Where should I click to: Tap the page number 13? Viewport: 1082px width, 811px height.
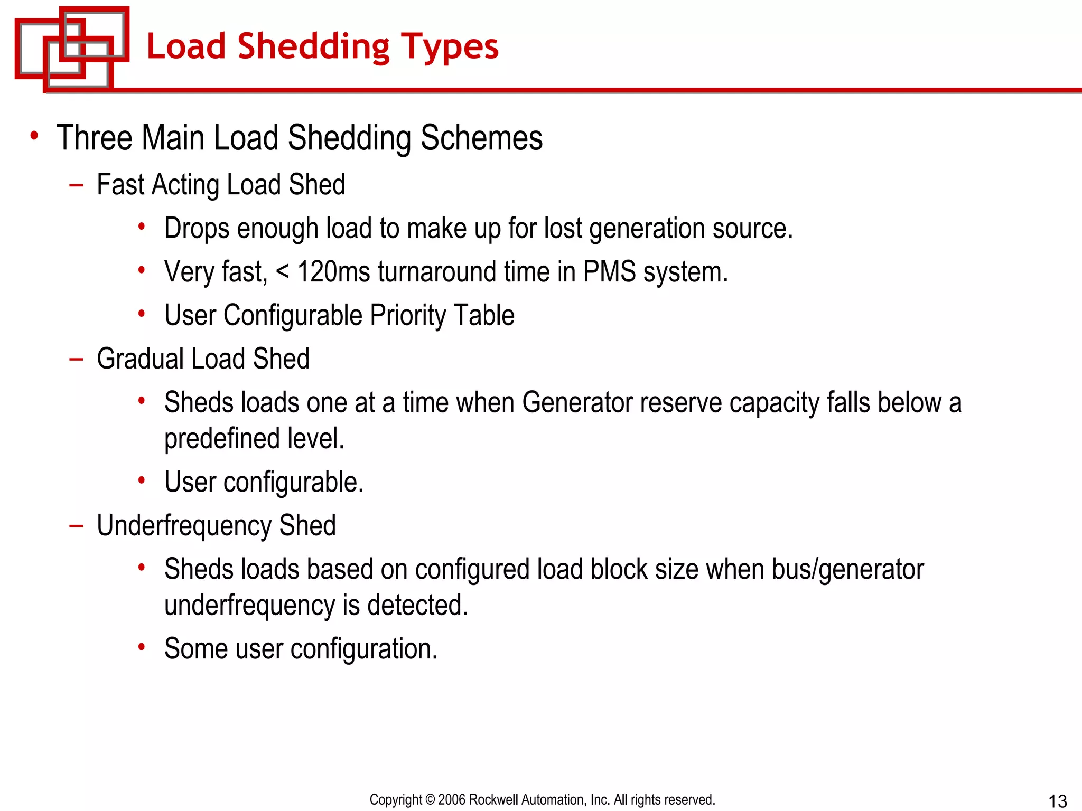click(x=1058, y=801)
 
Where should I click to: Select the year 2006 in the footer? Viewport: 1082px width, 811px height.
click(x=452, y=799)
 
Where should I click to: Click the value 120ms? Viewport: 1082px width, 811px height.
click(x=333, y=272)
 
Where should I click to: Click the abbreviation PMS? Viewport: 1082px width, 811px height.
click(x=609, y=272)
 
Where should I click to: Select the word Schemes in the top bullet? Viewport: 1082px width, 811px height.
click(x=481, y=138)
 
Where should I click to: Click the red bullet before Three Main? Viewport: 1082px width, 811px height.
click(x=34, y=136)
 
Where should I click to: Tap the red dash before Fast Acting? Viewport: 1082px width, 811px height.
click(x=76, y=185)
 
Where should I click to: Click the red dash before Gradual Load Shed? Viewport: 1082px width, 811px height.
click(x=76, y=360)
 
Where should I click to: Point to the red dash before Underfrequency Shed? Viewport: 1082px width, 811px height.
click(x=76, y=526)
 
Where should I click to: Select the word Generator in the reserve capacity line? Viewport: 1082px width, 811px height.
click(x=577, y=403)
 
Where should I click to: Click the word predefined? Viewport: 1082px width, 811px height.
click(x=221, y=439)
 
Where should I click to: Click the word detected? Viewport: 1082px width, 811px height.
click(x=417, y=605)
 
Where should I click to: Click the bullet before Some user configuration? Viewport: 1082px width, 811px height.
click(x=142, y=647)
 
